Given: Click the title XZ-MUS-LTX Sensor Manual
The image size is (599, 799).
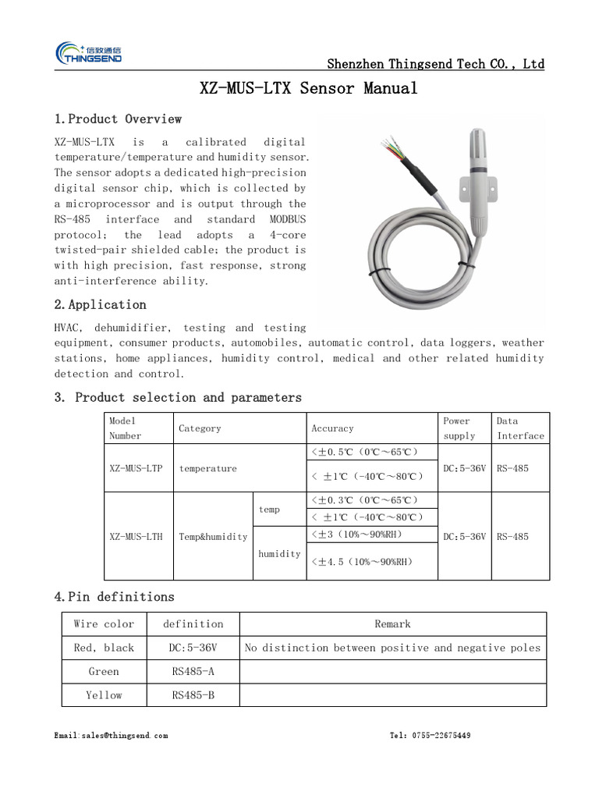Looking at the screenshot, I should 309,88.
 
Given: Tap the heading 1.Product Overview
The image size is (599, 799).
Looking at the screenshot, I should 118,119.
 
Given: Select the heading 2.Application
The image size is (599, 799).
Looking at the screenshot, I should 101,305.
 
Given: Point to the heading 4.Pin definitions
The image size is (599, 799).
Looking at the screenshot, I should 114,597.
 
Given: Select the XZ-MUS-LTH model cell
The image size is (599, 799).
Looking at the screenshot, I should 136,537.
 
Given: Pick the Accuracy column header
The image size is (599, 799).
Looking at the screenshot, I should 332,428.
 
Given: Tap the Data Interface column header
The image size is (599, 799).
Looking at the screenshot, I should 520,428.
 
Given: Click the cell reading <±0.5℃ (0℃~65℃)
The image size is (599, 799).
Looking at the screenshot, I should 365,453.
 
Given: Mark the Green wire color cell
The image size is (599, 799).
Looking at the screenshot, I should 104,672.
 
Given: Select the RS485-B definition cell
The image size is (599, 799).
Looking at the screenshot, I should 193,695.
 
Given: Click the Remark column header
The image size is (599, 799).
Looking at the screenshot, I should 392,624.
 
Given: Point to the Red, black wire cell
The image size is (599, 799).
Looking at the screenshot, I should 104,648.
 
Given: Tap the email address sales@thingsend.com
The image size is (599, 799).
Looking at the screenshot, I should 111,736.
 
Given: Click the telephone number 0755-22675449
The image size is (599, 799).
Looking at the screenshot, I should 430,736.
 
